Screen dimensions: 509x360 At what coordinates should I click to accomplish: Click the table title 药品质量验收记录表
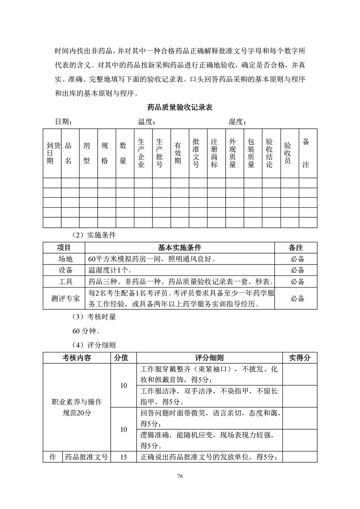pos(180,108)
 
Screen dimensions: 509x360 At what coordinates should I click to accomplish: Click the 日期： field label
pos(64,122)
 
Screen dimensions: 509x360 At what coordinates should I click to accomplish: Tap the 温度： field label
pos(147,122)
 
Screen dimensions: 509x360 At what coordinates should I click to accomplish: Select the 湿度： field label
pos(237,122)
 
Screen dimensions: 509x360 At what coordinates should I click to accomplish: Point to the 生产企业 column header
pos(141,153)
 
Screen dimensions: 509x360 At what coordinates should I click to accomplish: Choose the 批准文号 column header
pos(196,153)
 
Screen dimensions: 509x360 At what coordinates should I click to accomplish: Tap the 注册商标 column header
pos(214,153)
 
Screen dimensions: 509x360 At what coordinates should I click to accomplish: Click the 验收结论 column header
pos(269,153)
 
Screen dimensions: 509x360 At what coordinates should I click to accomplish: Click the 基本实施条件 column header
pos(179,248)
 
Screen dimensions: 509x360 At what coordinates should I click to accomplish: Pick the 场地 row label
pos(64,259)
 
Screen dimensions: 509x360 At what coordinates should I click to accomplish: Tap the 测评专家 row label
pos(64,299)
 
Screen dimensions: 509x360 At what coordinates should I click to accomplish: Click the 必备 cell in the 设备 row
pos(297,270)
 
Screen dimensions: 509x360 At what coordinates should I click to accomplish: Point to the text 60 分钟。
pos(84,331)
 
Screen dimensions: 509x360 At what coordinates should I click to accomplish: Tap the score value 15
pos(123,457)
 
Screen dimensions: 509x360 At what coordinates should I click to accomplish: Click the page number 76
pos(180,476)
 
